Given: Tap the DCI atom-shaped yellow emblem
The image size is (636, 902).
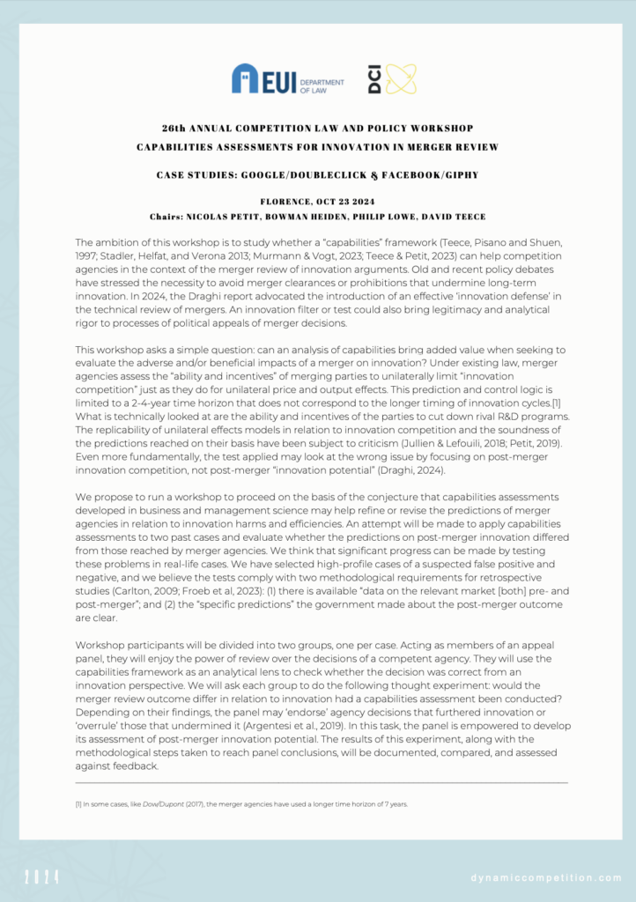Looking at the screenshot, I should pos(400,79).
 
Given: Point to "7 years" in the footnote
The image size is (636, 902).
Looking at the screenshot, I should pos(396,804).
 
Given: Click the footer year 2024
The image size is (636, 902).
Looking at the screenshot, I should pos(42,876).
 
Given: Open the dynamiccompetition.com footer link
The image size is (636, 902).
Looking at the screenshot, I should pos(547,877).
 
